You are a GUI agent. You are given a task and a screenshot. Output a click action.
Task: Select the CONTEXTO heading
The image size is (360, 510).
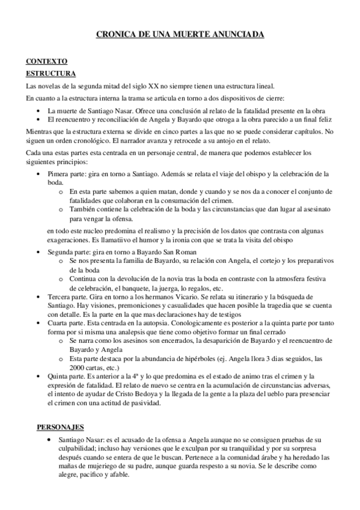(47, 61)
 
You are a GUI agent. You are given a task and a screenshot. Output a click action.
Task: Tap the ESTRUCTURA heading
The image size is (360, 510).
(51, 73)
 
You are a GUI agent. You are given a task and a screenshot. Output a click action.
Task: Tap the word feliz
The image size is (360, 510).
(316, 120)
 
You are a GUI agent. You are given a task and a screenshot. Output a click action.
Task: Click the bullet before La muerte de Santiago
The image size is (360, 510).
(38, 111)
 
